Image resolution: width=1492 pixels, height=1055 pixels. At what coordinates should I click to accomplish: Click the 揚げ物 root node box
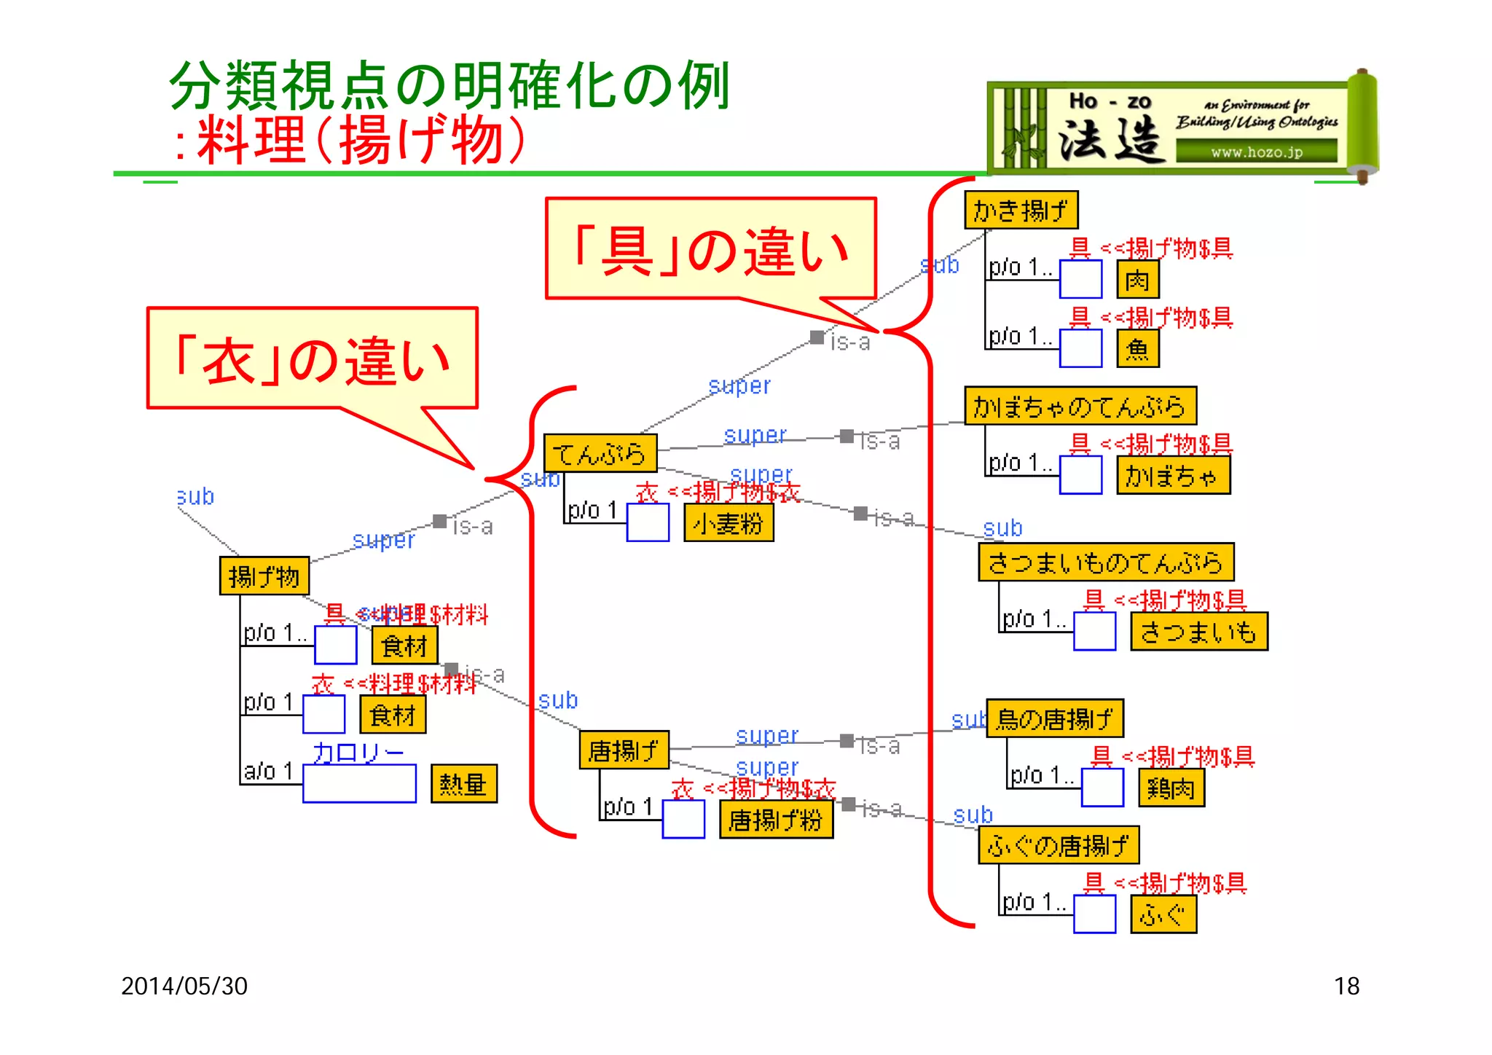[264, 576]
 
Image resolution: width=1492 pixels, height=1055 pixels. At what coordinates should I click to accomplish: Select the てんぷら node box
[600, 453]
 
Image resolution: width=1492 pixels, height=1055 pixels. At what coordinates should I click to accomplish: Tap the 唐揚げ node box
[624, 750]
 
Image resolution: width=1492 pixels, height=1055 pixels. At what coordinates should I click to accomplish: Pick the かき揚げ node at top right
[1020, 211]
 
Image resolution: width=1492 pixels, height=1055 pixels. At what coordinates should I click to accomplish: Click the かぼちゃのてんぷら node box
[1080, 406]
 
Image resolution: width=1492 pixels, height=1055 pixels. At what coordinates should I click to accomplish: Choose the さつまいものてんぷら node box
[1105, 562]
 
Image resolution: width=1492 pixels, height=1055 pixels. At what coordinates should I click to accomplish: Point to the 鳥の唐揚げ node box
[1054, 718]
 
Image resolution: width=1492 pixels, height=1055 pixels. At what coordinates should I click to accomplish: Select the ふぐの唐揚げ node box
[1058, 845]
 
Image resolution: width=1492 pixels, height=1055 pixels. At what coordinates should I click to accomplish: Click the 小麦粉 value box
[728, 523]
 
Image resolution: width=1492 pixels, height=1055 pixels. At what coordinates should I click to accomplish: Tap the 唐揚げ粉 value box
[775, 820]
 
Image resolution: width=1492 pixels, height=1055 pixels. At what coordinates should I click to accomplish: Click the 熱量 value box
[463, 784]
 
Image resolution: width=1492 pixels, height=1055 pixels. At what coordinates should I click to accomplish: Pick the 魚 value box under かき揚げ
[1137, 349]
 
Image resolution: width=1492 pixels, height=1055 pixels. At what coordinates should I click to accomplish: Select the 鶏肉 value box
[1171, 788]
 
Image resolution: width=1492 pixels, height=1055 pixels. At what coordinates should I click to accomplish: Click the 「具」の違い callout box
[710, 248]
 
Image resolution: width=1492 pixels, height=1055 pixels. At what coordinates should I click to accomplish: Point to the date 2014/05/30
[184, 986]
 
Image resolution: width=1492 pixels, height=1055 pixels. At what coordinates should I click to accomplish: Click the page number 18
[1346, 986]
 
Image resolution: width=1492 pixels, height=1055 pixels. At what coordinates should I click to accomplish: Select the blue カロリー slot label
[358, 753]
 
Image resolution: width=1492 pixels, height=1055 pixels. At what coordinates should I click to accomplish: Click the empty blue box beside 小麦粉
[648, 522]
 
